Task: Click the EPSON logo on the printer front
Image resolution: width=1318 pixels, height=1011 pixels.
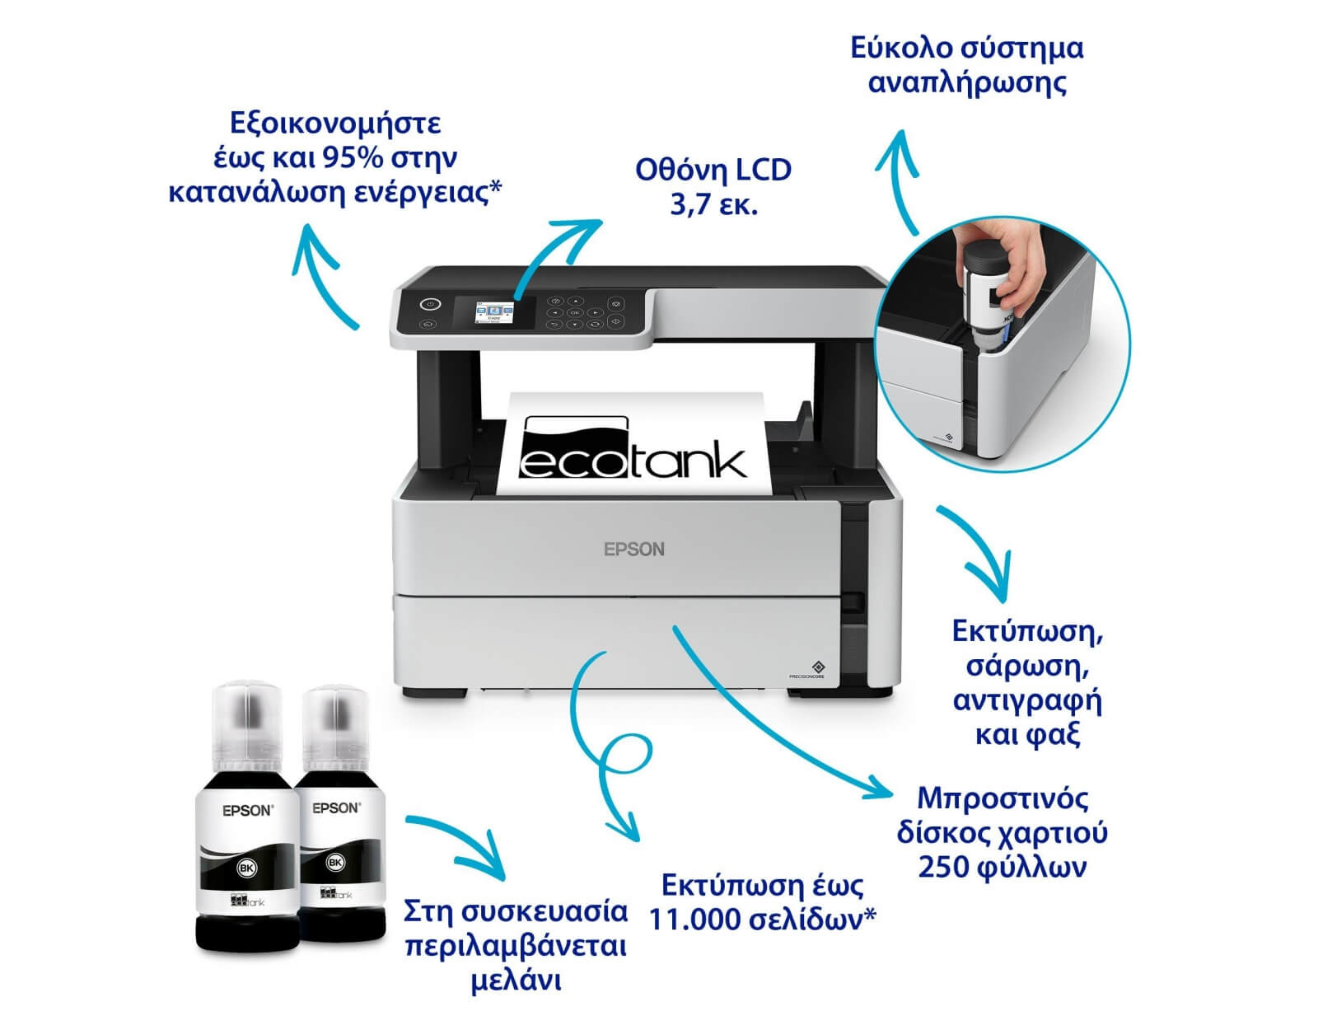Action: [633, 549]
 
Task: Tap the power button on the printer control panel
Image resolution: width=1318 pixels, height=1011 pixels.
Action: [430, 304]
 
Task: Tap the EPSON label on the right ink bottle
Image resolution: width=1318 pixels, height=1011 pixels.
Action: [336, 808]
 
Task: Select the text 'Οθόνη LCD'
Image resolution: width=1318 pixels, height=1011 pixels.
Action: [713, 171]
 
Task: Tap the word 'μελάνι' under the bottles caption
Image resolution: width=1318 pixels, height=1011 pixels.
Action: [516, 981]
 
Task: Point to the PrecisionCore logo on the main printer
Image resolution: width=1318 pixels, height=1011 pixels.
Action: [806, 670]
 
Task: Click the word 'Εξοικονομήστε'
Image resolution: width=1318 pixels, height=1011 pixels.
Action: [334, 124]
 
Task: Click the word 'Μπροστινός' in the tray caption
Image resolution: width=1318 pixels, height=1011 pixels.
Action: [1003, 798]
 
